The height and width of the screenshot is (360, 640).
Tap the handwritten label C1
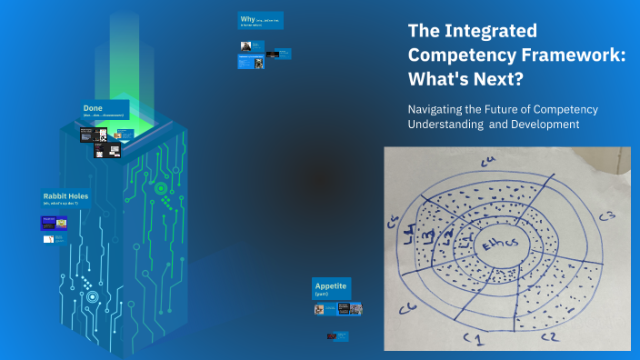pyautogui.click(x=473, y=337)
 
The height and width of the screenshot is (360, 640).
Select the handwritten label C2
pyautogui.click(x=547, y=336)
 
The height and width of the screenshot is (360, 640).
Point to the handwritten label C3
pyautogui.click(x=606, y=216)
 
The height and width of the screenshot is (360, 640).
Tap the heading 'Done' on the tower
pyautogui.click(x=93, y=108)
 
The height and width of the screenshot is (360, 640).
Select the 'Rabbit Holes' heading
pyautogui.click(x=65, y=195)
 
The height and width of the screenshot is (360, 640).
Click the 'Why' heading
pyautogui.click(x=247, y=18)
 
